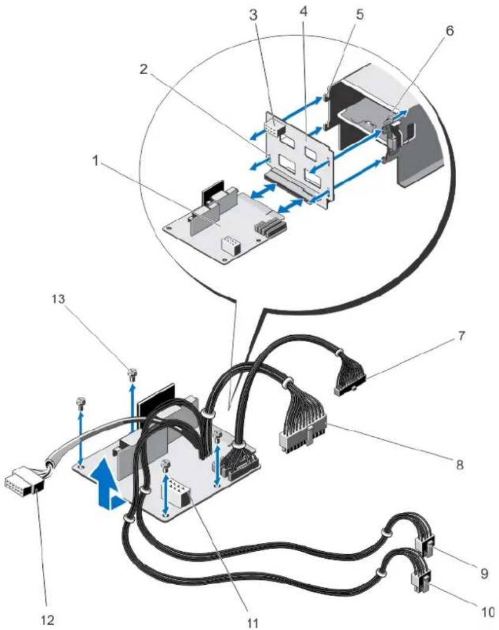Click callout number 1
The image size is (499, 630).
pyautogui.click(x=95, y=163)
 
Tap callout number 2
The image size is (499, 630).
pyautogui.click(x=144, y=69)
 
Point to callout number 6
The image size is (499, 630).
pyautogui.click(x=450, y=31)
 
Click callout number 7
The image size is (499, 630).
pyautogui.click(x=462, y=336)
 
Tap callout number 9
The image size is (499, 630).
pyautogui.click(x=484, y=573)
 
